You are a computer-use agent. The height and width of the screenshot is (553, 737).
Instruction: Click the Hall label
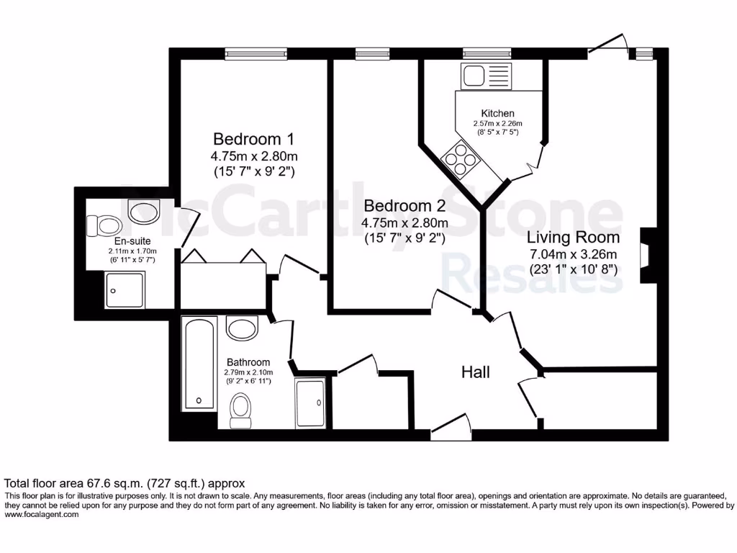[x=476, y=372]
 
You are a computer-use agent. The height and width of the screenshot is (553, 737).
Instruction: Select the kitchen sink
[x=487, y=75]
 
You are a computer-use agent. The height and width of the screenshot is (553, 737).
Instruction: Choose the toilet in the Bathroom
[x=239, y=408]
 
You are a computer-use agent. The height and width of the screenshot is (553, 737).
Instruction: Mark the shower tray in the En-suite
[x=125, y=289]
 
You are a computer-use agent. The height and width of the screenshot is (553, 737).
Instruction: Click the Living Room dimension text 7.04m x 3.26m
[x=574, y=254]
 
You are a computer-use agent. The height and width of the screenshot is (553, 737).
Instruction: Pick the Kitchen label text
[x=497, y=113]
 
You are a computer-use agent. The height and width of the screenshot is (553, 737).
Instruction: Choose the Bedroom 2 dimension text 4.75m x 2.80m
[x=404, y=222]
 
